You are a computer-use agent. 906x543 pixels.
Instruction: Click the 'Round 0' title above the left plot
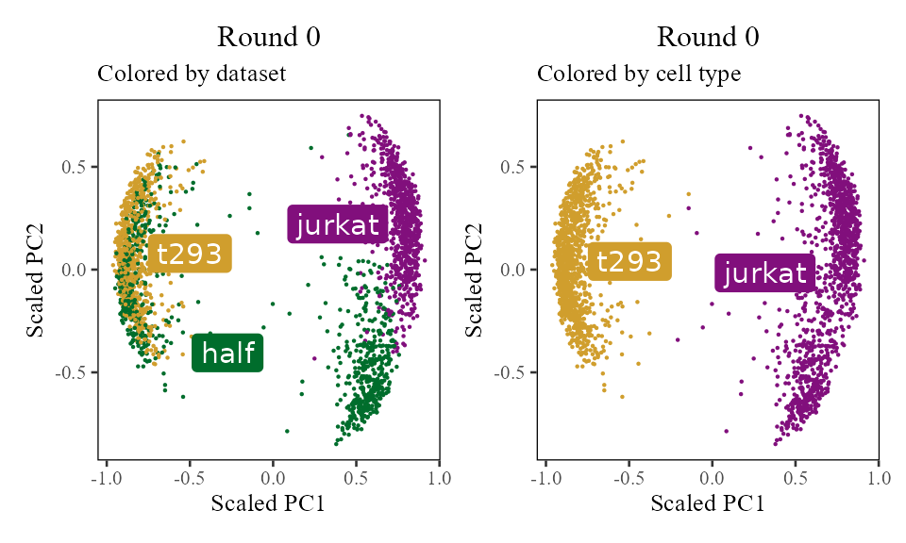269,38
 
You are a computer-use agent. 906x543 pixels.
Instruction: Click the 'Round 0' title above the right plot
708,38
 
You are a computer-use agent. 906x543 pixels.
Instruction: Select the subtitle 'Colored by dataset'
192,74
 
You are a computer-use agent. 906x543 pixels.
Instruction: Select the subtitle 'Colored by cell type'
639,74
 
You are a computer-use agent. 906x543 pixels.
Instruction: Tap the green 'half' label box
227,354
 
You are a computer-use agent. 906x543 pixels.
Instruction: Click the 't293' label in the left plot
189,253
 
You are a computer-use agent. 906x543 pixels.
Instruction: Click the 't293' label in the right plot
629,261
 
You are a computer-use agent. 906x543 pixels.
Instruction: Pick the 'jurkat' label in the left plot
338,224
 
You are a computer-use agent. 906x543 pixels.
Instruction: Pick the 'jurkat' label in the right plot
765,272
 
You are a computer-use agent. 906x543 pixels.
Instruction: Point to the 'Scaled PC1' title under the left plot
268,504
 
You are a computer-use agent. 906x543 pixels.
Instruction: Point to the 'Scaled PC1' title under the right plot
708,504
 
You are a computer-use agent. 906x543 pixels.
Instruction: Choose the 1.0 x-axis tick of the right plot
879,477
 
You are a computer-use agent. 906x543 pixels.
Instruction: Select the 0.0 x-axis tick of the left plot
273,477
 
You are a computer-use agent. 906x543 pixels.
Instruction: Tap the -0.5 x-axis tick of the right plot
626,477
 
